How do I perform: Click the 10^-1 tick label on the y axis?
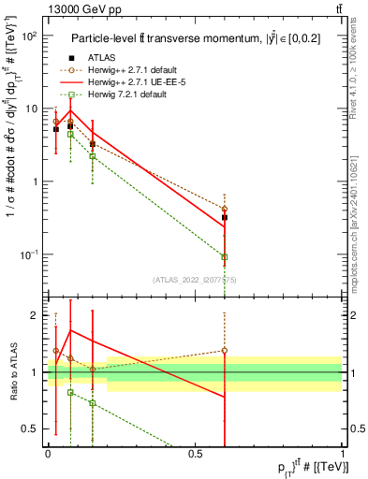[x=29, y=254]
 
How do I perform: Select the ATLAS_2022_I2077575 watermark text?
[x=195, y=279]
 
